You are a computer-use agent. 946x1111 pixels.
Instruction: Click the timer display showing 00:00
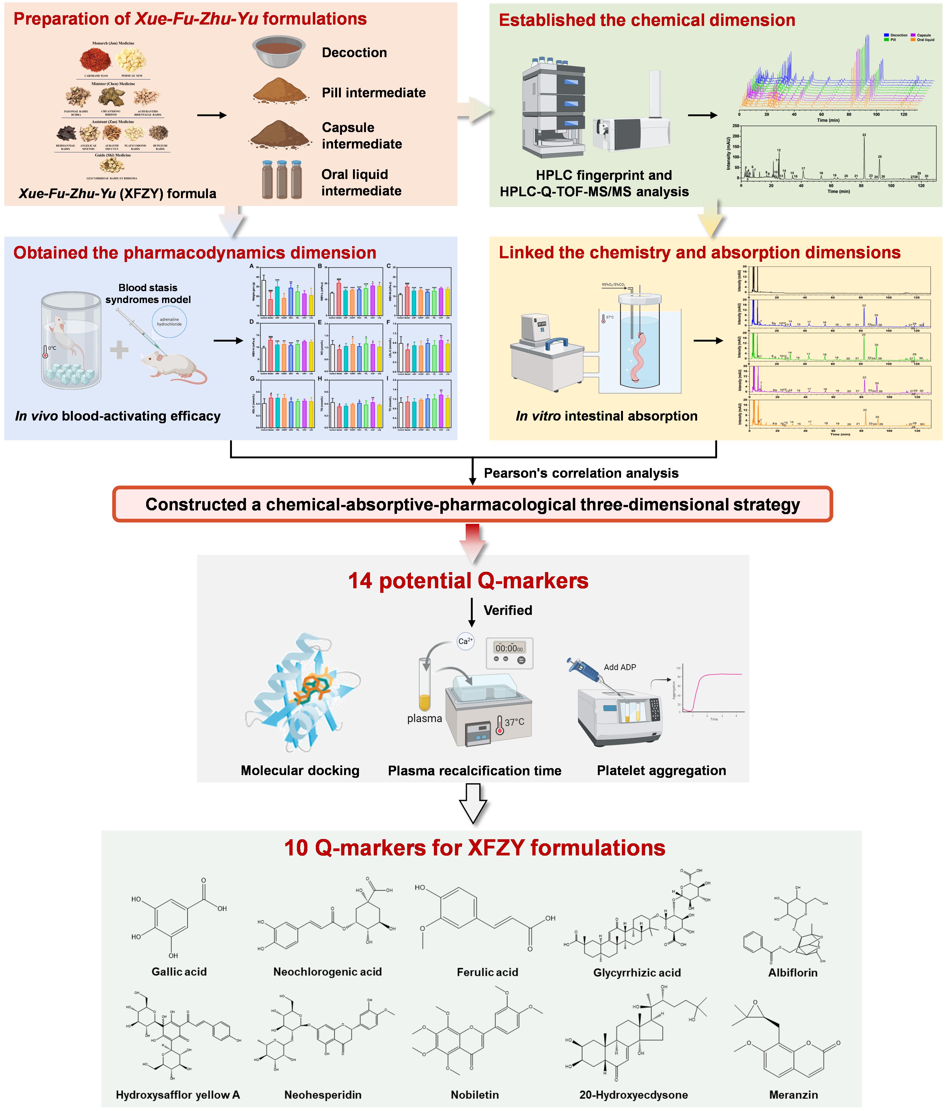tap(509, 648)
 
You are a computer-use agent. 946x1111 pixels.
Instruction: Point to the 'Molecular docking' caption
tap(300, 771)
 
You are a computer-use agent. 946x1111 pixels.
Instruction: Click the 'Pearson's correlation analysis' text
tap(581, 473)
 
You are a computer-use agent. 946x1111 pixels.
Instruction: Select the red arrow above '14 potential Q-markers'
tap(472, 542)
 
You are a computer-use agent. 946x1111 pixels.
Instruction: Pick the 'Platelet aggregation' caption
tap(661, 771)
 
